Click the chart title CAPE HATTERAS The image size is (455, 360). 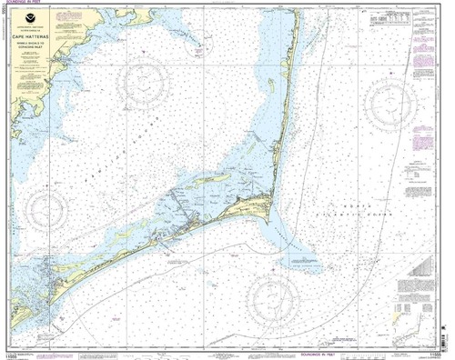[x=36, y=41]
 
